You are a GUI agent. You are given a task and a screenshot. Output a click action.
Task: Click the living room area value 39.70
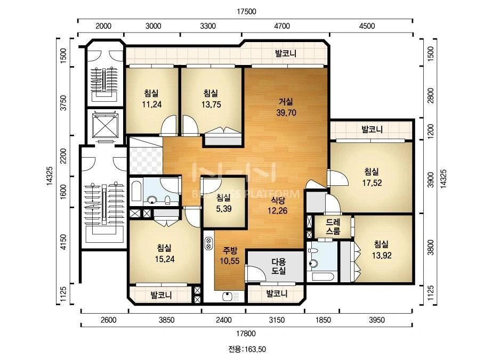[286, 113]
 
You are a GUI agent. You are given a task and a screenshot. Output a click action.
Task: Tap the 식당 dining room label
[277, 200]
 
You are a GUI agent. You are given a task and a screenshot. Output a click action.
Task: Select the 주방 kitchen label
[230, 250]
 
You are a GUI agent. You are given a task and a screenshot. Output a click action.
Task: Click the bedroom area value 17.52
[372, 183]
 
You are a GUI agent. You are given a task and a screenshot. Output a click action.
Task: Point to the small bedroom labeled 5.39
[224, 203]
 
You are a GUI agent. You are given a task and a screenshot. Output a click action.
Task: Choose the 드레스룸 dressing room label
[333, 227]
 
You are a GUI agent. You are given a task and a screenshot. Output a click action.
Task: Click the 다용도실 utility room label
[279, 266]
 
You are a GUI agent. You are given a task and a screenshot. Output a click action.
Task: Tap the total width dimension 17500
[246, 12]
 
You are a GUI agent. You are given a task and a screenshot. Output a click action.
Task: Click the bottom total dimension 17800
[246, 334]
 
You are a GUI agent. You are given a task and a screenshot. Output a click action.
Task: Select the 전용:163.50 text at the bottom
[247, 349]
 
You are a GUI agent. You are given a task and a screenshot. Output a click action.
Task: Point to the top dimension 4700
[282, 26]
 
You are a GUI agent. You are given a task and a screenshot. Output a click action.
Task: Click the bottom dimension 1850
[323, 320]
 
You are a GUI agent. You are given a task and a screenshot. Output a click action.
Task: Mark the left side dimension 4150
[63, 242]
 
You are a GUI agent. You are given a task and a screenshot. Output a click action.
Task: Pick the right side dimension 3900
[431, 179]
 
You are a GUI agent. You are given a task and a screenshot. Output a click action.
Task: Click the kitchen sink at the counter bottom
[231, 296]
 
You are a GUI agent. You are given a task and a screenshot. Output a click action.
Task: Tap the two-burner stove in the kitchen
[208, 243]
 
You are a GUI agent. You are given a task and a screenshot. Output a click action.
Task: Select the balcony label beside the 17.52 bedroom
[372, 129]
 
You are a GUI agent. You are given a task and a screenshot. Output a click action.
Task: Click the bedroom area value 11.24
[152, 104]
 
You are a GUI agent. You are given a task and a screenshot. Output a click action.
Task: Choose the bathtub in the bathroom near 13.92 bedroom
[322, 277]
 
